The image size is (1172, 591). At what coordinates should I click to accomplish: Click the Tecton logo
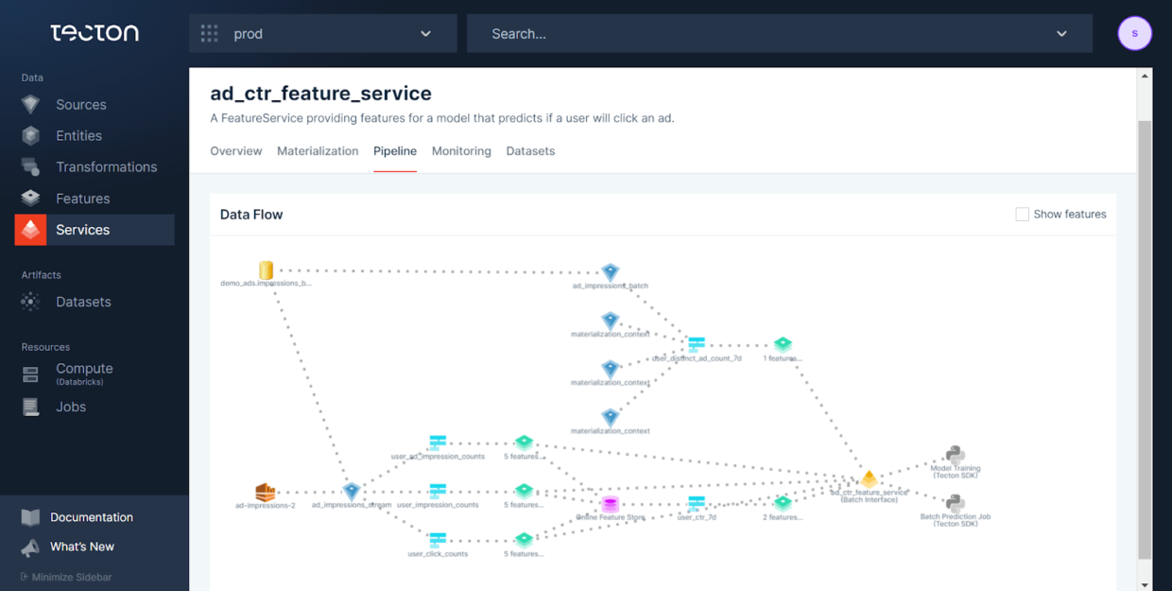[95, 33]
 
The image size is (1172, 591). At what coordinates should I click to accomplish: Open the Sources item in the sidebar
[80, 105]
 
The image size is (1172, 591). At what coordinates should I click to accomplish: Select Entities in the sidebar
[78, 136]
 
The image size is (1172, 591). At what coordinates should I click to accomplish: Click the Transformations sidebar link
[106, 167]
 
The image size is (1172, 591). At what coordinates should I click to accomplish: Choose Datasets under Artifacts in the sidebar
[83, 303]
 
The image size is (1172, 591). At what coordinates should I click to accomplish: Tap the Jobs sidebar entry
[71, 408]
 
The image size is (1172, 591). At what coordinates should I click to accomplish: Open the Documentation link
[91, 517]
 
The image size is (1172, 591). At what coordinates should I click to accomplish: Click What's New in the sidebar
[81, 547]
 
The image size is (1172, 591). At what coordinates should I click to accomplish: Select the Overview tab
[236, 151]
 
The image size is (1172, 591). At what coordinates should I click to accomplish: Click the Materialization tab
[318, 151]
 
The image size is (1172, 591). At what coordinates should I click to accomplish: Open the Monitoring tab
[461, 151]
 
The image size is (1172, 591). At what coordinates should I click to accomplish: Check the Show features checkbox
[1022, 215]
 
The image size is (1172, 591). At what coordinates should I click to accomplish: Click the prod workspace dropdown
[322, 34]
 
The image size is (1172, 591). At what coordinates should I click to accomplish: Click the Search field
[766, 34]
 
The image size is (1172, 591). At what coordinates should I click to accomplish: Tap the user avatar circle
[1134, 34]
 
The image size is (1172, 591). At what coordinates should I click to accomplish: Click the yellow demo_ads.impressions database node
[267, 271]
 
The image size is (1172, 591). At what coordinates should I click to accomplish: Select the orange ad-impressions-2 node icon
[266, 493]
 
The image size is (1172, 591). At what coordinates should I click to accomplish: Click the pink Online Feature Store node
[611, 505]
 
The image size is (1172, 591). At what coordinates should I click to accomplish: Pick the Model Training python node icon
[955, 456]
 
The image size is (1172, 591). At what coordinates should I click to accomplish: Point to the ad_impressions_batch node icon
[611, 273]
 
